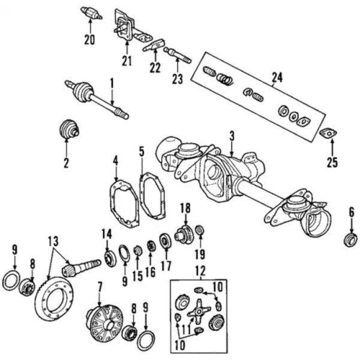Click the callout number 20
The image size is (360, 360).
coord(89,41)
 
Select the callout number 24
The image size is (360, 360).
coord(276,77)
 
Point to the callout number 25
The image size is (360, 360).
coord(332,163)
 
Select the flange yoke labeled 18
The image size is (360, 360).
coord(183,235)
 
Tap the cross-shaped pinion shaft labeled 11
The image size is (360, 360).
coord(198,313)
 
